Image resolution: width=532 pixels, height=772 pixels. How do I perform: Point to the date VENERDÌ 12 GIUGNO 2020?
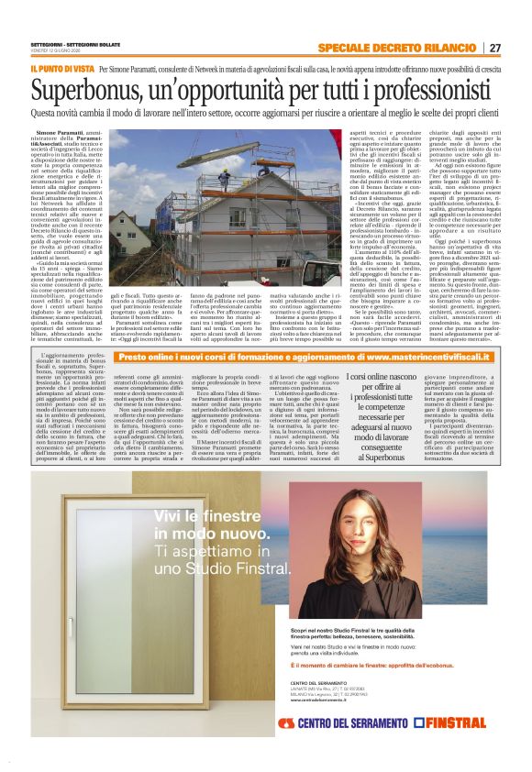coord(54,50)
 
